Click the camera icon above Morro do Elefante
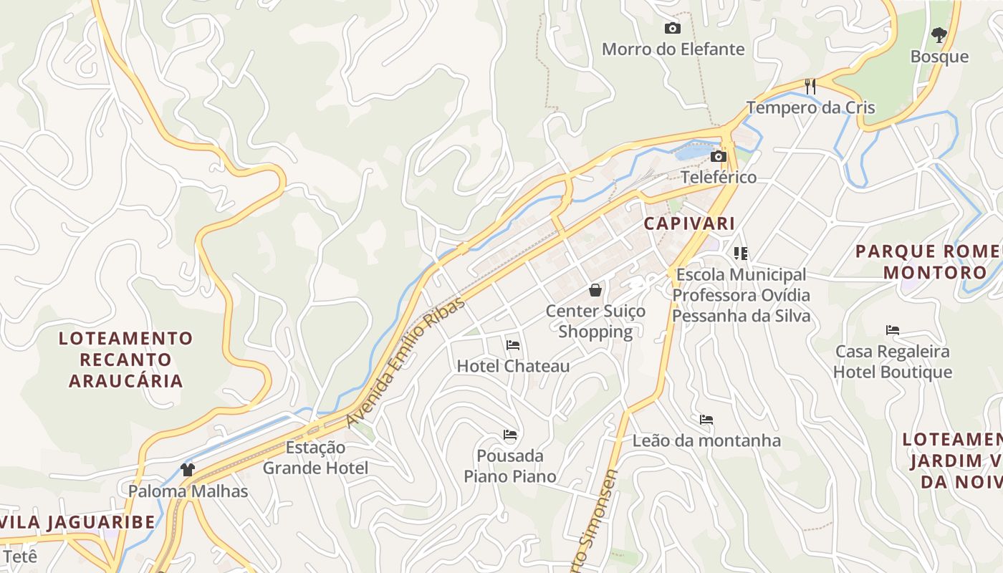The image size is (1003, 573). coord(672,29)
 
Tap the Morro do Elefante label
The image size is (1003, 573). coord(673,49)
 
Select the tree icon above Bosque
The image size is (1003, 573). coord(939,34)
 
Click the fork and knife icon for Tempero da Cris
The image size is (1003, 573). coord(810,87)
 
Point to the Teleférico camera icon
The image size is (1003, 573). coord(718,157)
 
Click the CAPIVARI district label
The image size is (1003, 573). coord(689,223)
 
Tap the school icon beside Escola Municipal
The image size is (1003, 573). coord(740,253)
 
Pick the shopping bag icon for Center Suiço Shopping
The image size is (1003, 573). coord(595,290)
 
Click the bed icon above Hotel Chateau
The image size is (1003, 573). coord(513,345)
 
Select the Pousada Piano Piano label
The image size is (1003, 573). coord(510,466)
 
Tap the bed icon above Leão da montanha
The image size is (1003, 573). coord(706,420)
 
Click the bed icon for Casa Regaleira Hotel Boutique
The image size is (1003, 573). coord(892,330)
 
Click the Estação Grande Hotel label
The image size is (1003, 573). coord(315,458)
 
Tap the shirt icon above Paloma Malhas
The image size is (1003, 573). coord(188,470)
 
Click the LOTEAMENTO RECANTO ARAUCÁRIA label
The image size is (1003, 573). coord(126,359)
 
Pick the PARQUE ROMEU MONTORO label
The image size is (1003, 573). coord(931,262)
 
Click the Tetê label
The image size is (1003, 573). coord(19,557)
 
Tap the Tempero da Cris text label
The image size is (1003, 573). coord(810,108)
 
